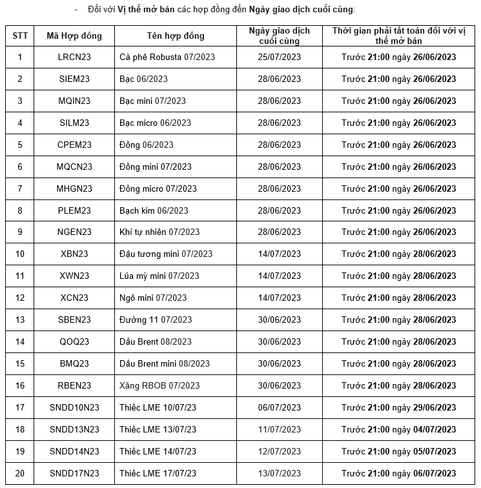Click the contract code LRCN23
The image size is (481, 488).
click(74, 57)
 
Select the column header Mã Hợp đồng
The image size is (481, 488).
click(74, 36)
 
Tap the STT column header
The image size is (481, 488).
click(20, 36)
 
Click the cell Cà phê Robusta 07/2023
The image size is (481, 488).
click(167, 57)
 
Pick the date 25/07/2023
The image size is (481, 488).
click(279, 57)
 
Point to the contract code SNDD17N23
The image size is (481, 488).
click(74, 473)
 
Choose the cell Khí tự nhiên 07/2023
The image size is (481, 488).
click(159, 232)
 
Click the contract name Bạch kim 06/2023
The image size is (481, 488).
click(154, 210)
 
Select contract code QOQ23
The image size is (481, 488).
click(74, 341)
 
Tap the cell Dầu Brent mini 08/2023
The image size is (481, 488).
click(165, 363)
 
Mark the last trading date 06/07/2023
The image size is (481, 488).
click(279, 407)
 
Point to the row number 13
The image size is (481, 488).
click(20, 320)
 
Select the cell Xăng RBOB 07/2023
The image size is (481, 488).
click(159, 385)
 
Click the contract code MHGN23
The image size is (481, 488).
click(74, 188)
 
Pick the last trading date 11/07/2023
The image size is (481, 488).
click(279, 429)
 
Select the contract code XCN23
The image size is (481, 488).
click(74, 298)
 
